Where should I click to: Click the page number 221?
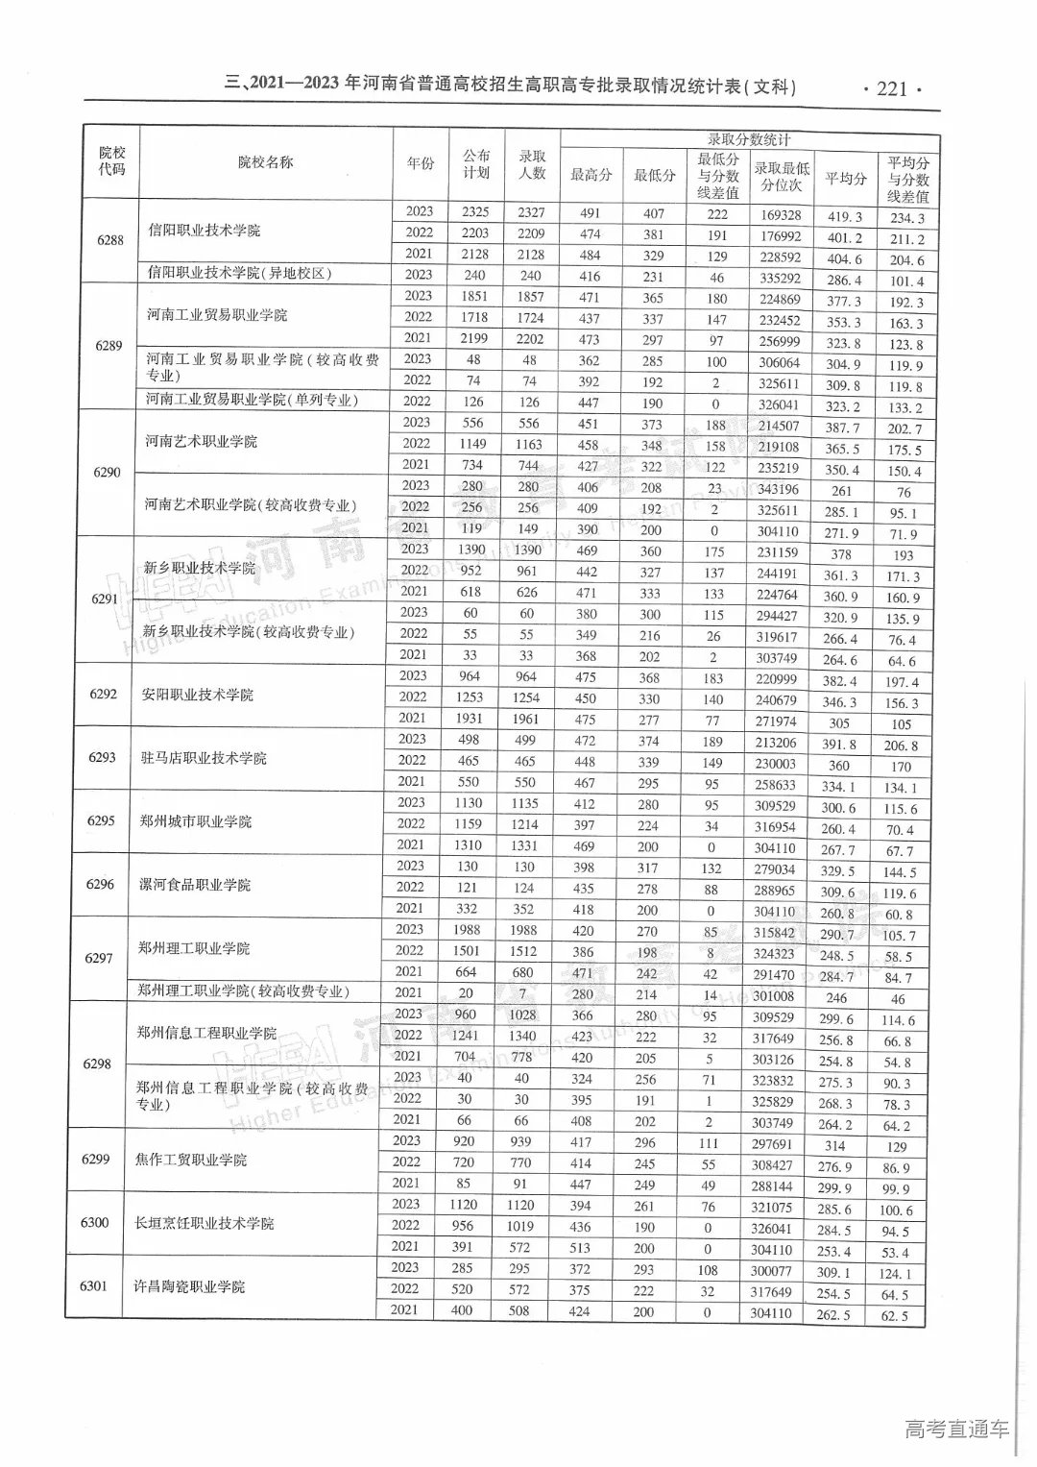coord(892,88)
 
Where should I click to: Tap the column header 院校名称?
coord(266,162)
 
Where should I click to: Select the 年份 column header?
coord(420,163)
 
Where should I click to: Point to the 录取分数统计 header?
coord(749,139)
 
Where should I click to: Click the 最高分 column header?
coord(591,175)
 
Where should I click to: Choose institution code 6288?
coord(110,240)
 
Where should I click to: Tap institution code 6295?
coord(101,820)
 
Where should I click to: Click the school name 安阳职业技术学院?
coord(198,695)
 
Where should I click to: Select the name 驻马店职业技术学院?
coord(204,758)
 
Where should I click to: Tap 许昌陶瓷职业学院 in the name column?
coord(190,1286)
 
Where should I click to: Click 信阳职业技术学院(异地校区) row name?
coord(239,273)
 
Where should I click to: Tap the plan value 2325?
coord(474,211)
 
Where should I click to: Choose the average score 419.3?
coord(845,217)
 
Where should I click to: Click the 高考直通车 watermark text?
coord(956,1429)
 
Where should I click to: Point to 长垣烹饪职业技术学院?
coord(205,1223)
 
